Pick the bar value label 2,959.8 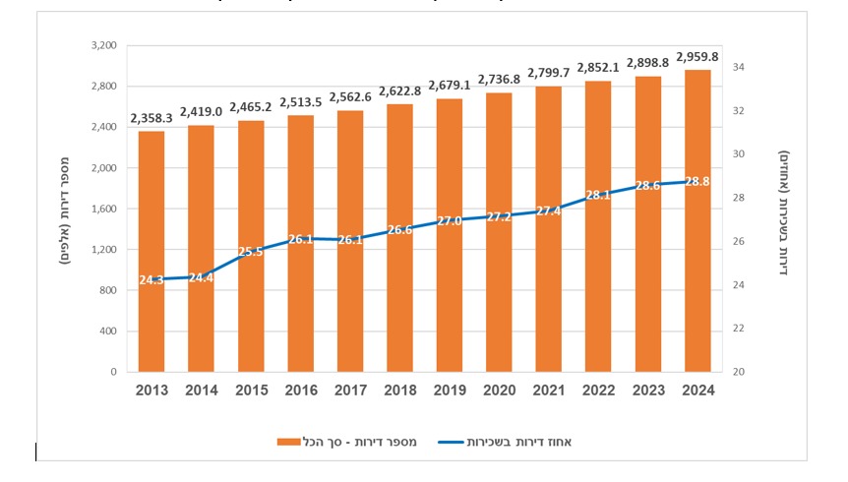(x=697, y=57)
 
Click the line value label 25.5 (x=252, y=252)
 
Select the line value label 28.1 (x=598, y=195)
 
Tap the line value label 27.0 (x=450, y=220)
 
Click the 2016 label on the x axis (x=301, y=391)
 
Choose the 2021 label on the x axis (x=549, y=391)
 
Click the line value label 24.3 (x=151, y=279)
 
